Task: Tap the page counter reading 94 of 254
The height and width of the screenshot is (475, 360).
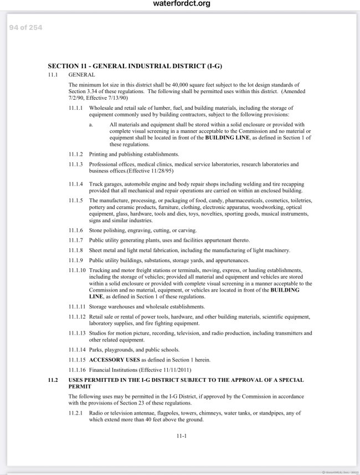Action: coord(26,27)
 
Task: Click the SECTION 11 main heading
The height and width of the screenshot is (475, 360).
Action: coord(135,65)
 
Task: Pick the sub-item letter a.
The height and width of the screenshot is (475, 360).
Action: coord(91,125)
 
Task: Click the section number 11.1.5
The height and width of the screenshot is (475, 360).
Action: coord(76,200)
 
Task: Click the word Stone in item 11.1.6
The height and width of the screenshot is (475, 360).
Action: coord(96,230)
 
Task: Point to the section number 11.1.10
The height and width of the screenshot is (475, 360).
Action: coord(77,269)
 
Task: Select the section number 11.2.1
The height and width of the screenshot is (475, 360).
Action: coord(76,413)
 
